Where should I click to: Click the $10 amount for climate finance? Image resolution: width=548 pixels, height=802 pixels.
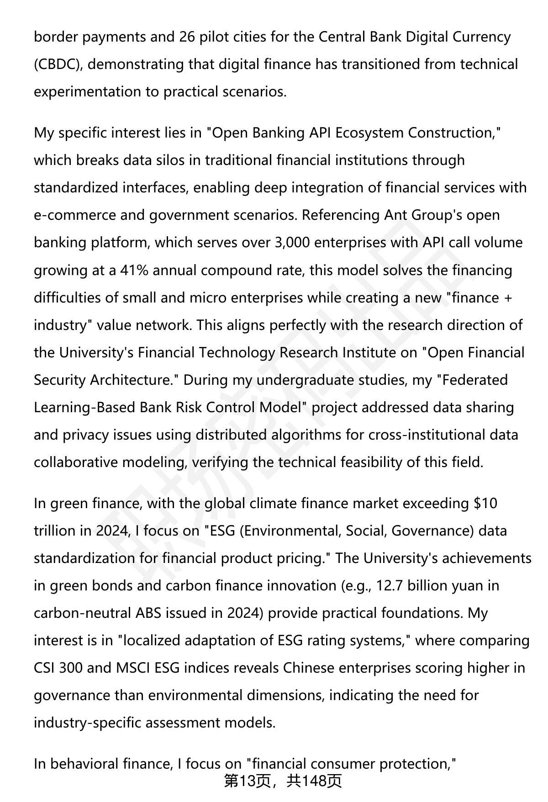pos(485,503)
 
